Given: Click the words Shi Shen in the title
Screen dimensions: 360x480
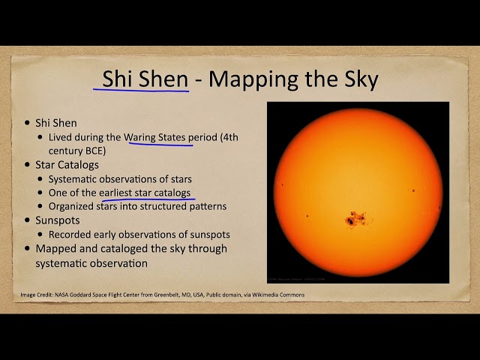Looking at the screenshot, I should pos(145,78).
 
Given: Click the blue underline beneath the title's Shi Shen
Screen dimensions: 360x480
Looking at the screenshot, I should pos(142,91).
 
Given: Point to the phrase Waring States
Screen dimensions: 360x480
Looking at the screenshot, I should pos(158,138).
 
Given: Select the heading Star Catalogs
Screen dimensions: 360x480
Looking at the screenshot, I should pos(67,164).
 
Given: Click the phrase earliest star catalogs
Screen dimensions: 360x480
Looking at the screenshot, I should pos(145,193).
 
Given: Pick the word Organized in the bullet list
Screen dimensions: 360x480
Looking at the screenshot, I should pos(73,206).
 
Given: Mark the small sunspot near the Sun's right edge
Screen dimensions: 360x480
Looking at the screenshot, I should pos(413,190).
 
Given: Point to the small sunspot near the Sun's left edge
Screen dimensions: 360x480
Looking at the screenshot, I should pos(282,184).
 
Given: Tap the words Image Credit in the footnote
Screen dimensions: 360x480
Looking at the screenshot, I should pos(37,295).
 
